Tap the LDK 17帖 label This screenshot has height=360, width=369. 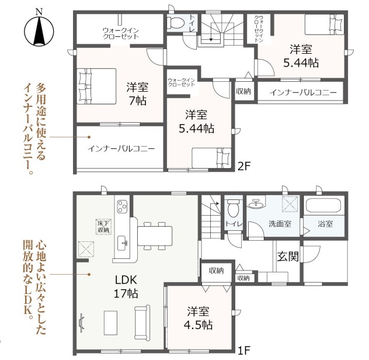click(126, 287)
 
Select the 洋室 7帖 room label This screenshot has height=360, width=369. click(137, 94)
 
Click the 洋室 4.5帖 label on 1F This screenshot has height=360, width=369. click(198, 318)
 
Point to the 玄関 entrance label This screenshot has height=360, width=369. click(288, 256)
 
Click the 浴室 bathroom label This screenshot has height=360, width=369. click(325, 224)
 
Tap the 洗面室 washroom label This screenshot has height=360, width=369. click(280, 224)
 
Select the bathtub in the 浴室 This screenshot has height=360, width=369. click(323, 206)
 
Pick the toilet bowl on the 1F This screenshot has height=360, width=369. click(233, 208)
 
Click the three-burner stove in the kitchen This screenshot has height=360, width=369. click(123, 206)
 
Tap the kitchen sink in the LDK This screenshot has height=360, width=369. click(123, 243)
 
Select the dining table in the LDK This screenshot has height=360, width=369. click(155, 236)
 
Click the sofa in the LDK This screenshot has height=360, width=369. click(142, 322)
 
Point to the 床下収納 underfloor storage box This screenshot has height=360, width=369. click(104, 227)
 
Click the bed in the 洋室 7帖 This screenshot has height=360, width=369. click(96, 86)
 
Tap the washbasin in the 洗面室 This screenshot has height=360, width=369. click(256, 204)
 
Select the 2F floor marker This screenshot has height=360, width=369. click(244, 167)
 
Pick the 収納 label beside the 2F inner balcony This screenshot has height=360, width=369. click(243, 91)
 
